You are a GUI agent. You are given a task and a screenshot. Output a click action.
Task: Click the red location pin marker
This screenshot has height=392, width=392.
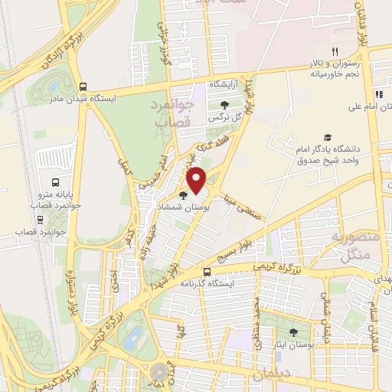pos(198,181)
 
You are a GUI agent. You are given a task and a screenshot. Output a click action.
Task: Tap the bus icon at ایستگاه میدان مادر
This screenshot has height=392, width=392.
pos(83,87)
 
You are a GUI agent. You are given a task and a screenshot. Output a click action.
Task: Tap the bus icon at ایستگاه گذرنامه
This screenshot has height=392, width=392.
pos(207,272)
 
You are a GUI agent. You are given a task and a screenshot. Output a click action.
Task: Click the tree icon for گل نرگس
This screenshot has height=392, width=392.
pos(224,106)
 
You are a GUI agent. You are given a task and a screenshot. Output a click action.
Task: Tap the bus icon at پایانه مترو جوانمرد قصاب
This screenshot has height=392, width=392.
pos(55,182)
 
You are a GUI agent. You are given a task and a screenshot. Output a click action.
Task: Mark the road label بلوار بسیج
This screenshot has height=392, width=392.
pos(231,254)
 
